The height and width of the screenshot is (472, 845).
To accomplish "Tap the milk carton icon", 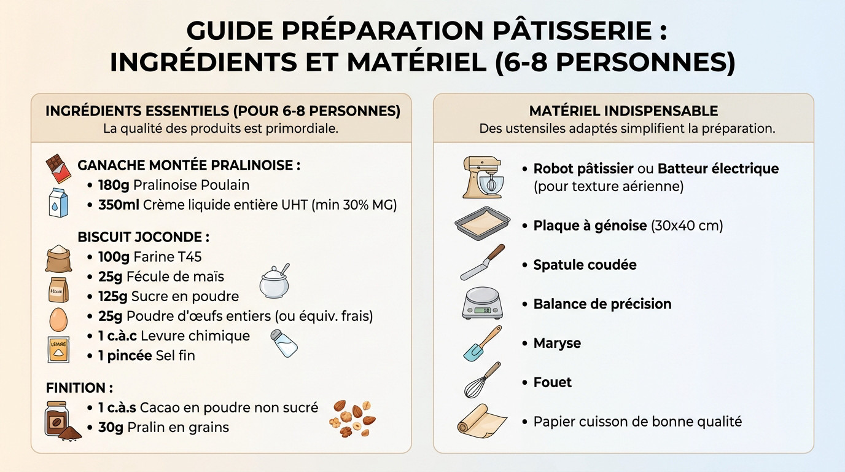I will tap(58, 202).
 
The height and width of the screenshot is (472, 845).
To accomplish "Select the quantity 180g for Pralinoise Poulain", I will tap(112, 185).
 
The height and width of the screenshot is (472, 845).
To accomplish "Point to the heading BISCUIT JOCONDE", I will tap(144, 237).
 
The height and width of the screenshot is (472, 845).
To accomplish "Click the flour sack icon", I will tap(58, 258).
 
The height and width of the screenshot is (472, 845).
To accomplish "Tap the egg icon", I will tap(58, 319).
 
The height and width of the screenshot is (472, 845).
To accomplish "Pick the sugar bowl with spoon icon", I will tap(274, 282).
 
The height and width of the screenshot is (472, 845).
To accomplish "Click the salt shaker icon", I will tap(284, 343).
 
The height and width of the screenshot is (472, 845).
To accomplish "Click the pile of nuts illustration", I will tap(352, 419).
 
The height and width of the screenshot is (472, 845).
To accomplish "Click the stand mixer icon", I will tap(483, 177).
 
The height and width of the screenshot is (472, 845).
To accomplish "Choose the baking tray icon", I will tap(483, 223).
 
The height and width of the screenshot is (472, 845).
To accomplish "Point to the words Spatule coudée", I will tap(585, 265).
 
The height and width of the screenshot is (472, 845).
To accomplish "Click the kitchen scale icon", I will tap(483, 304).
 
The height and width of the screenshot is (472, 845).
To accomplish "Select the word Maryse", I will tap(557, 344).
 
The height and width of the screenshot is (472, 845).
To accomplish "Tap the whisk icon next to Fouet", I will tap(483, 380).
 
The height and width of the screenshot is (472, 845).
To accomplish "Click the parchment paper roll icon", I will tap(481, 421).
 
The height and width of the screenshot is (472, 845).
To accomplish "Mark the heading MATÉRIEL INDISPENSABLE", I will tap(623, 111).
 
